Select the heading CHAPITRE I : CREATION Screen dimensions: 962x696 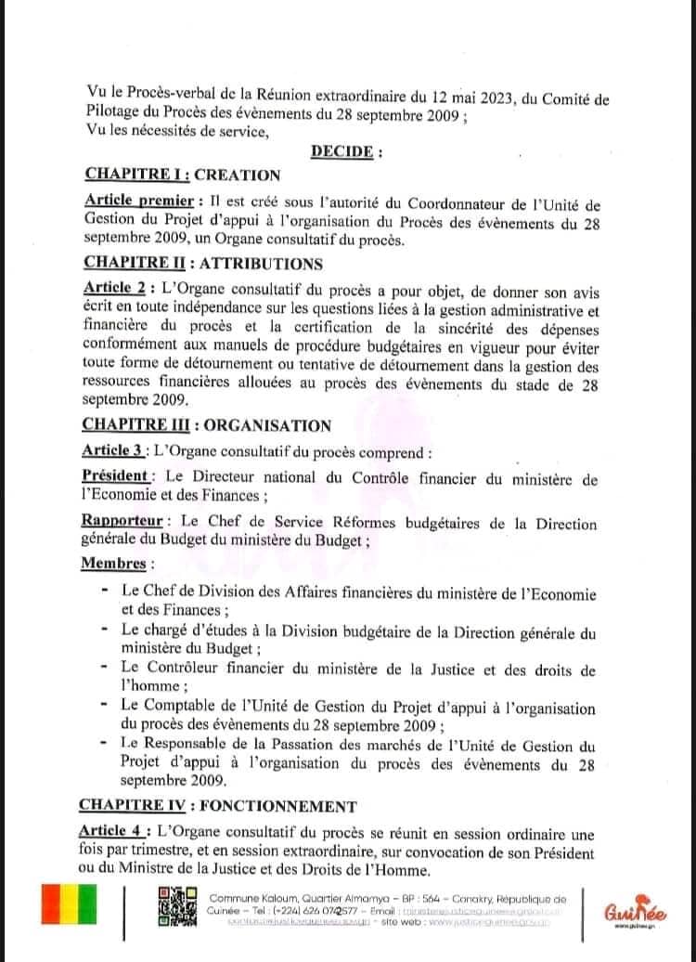pyautogui.click(x=182, y=174)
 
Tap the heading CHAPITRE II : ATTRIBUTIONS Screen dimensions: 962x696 pyautogui.click(x=202, y=264)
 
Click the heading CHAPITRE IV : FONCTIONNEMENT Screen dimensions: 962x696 pyautogui.click(x=217, y=804)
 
